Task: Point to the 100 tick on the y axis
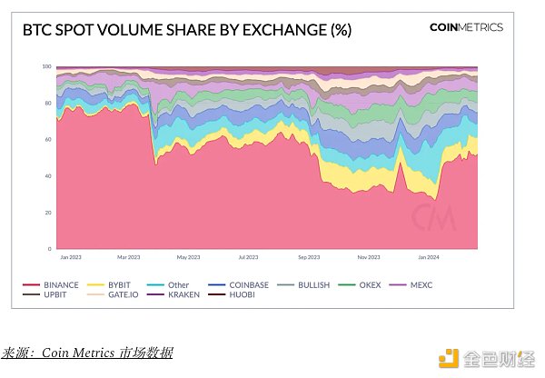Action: point(45,67)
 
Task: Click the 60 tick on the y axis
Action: point(47,140)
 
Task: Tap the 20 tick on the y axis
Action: point(47,213)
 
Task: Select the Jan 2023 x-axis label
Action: point(70,257)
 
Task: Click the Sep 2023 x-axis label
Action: point(310,257)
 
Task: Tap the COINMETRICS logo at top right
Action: point(466,27)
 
